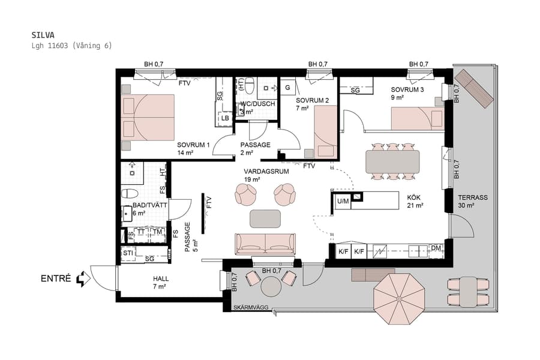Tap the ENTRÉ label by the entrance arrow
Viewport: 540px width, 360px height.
pos(56,278)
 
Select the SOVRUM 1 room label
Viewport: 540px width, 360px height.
pos(193,145)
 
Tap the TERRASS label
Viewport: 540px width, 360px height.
pos(473,197)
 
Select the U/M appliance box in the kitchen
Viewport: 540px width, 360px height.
pos(343,201)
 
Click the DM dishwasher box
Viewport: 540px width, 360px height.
pos(436,248)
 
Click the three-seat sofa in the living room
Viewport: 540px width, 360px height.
pos(265,244)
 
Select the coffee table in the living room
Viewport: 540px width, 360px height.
pos(265,218)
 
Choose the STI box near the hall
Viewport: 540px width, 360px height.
pos(128,253)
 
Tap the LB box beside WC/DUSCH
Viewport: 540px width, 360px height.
pos(225,118)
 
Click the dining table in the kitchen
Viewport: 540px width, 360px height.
pos(392,161)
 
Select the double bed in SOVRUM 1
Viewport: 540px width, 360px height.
pos(148,118)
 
